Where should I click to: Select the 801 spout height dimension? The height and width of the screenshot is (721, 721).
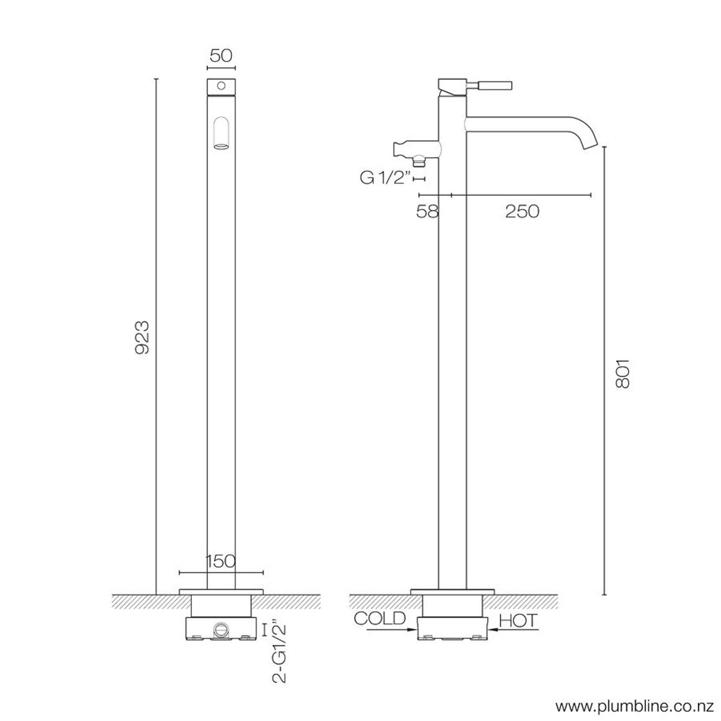pos(622,374)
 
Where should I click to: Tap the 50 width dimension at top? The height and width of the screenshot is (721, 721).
pos(221,56)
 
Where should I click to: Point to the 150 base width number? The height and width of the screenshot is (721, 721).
pos(221,561)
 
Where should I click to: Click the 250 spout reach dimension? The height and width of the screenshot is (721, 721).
pos(522,211)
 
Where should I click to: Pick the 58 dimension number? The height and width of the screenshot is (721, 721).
pos(427,211)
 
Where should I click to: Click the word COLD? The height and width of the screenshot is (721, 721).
pos(379,618)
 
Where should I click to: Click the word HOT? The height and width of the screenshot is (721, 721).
pos(518,621)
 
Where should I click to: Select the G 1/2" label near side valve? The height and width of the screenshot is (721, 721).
pos(385,178)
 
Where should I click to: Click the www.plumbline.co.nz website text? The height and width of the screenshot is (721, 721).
pos(635,706)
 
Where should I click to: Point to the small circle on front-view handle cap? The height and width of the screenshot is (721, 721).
pos(221,86)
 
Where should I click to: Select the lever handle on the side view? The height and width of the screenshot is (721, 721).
pos(495,85)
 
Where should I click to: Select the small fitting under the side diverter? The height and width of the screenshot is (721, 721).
pos(418,162)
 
